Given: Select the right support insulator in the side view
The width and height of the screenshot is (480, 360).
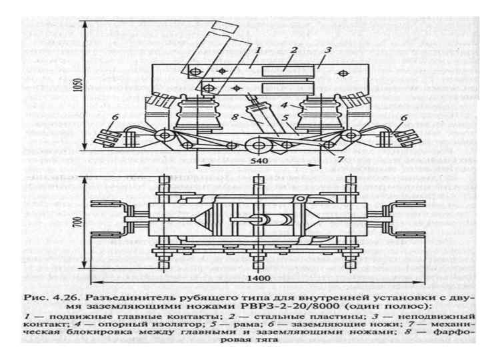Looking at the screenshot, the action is point(319,113).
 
